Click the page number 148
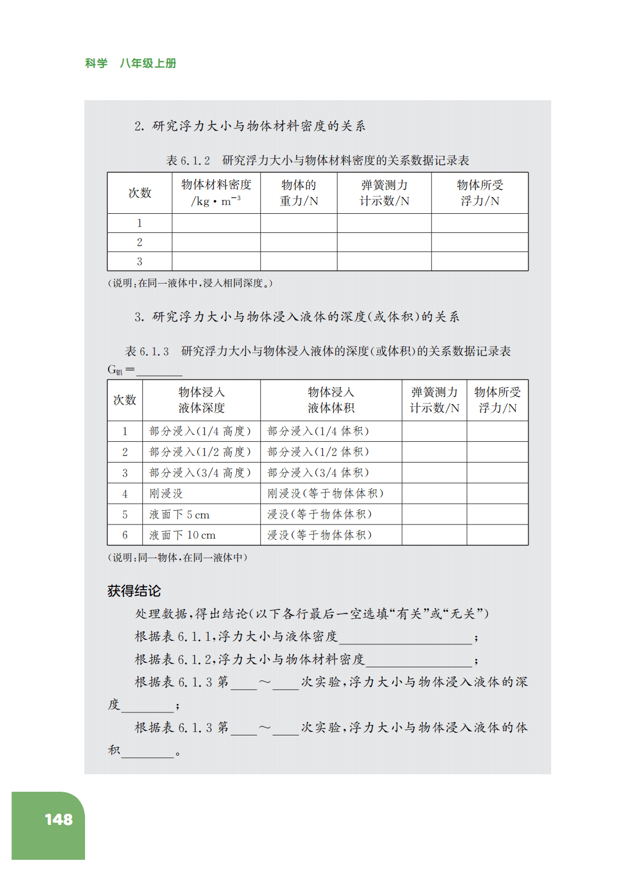58,819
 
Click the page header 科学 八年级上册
130,64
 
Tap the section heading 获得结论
134,591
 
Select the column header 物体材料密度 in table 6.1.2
216,192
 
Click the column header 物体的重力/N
299,192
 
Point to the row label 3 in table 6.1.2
139,262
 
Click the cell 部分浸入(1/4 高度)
200,431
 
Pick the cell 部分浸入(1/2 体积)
318,452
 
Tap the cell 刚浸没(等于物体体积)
325,493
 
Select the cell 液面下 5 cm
179,514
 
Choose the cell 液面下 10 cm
182,535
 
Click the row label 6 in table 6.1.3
125,535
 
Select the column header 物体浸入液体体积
331,400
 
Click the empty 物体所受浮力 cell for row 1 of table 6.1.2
480,223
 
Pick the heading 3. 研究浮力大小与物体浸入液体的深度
297,317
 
